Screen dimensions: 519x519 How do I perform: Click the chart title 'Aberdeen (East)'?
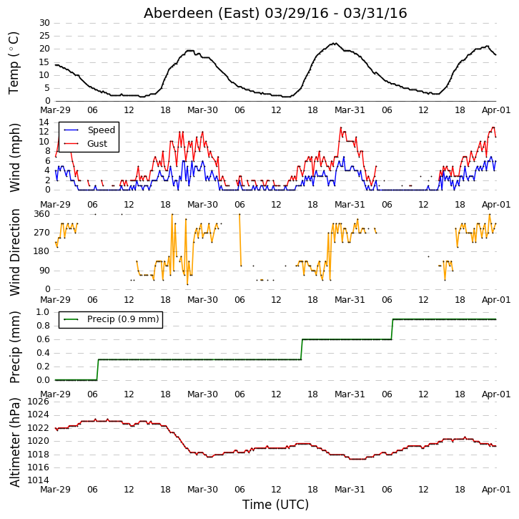(x=202, y=14)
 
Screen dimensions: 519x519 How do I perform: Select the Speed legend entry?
(x=89, y=130)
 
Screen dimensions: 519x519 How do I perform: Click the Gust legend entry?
(x=85, y=143)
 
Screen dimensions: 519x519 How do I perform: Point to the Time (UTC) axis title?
(x=275, y=505)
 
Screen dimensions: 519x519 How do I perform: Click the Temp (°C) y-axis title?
(x=14, y=63)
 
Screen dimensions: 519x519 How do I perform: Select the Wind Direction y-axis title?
(x=14, y=252)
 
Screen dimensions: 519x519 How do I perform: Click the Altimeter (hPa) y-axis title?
(x=14, y=442)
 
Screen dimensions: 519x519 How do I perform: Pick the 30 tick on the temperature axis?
(x=44, y=23)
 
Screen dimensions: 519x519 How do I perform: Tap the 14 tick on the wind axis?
(x=44, y=122)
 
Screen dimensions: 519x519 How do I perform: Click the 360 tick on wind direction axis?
(x=41, y=214)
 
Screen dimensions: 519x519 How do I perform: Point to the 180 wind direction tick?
(x=41, y=251)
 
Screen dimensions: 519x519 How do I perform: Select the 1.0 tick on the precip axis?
(x=42, y=312)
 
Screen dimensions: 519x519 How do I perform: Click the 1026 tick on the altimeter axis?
(x=38, y=402)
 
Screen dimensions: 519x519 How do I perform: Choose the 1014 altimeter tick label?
(x=38, y=480)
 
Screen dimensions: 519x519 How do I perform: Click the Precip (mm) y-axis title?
(x=14, y=347)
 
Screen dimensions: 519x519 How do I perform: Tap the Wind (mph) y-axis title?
(x=14, y=157)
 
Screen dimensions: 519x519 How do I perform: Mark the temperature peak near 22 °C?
(x=335, y=43)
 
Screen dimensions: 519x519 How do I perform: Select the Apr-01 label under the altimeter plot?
(x=496, y=490)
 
